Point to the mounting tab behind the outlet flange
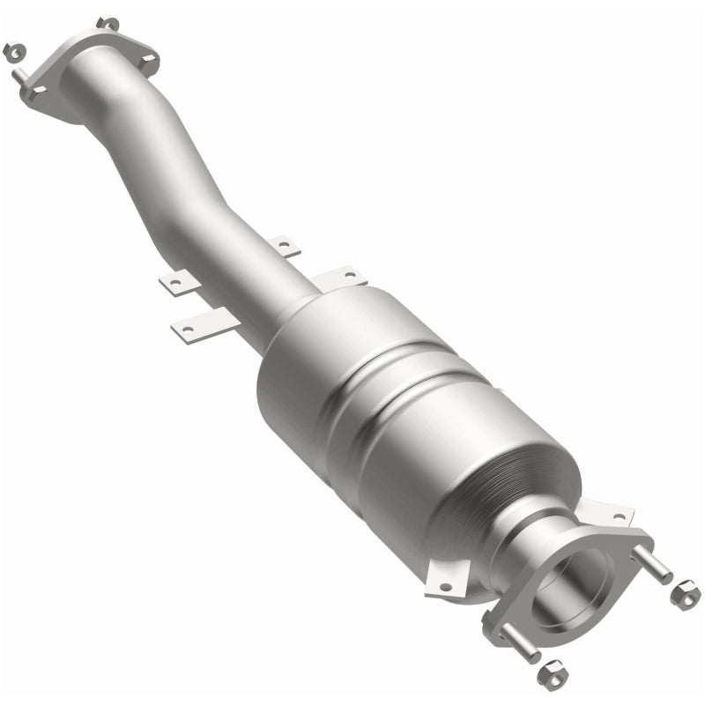[x=608, y=515]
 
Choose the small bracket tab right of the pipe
[x=285, y=246]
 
